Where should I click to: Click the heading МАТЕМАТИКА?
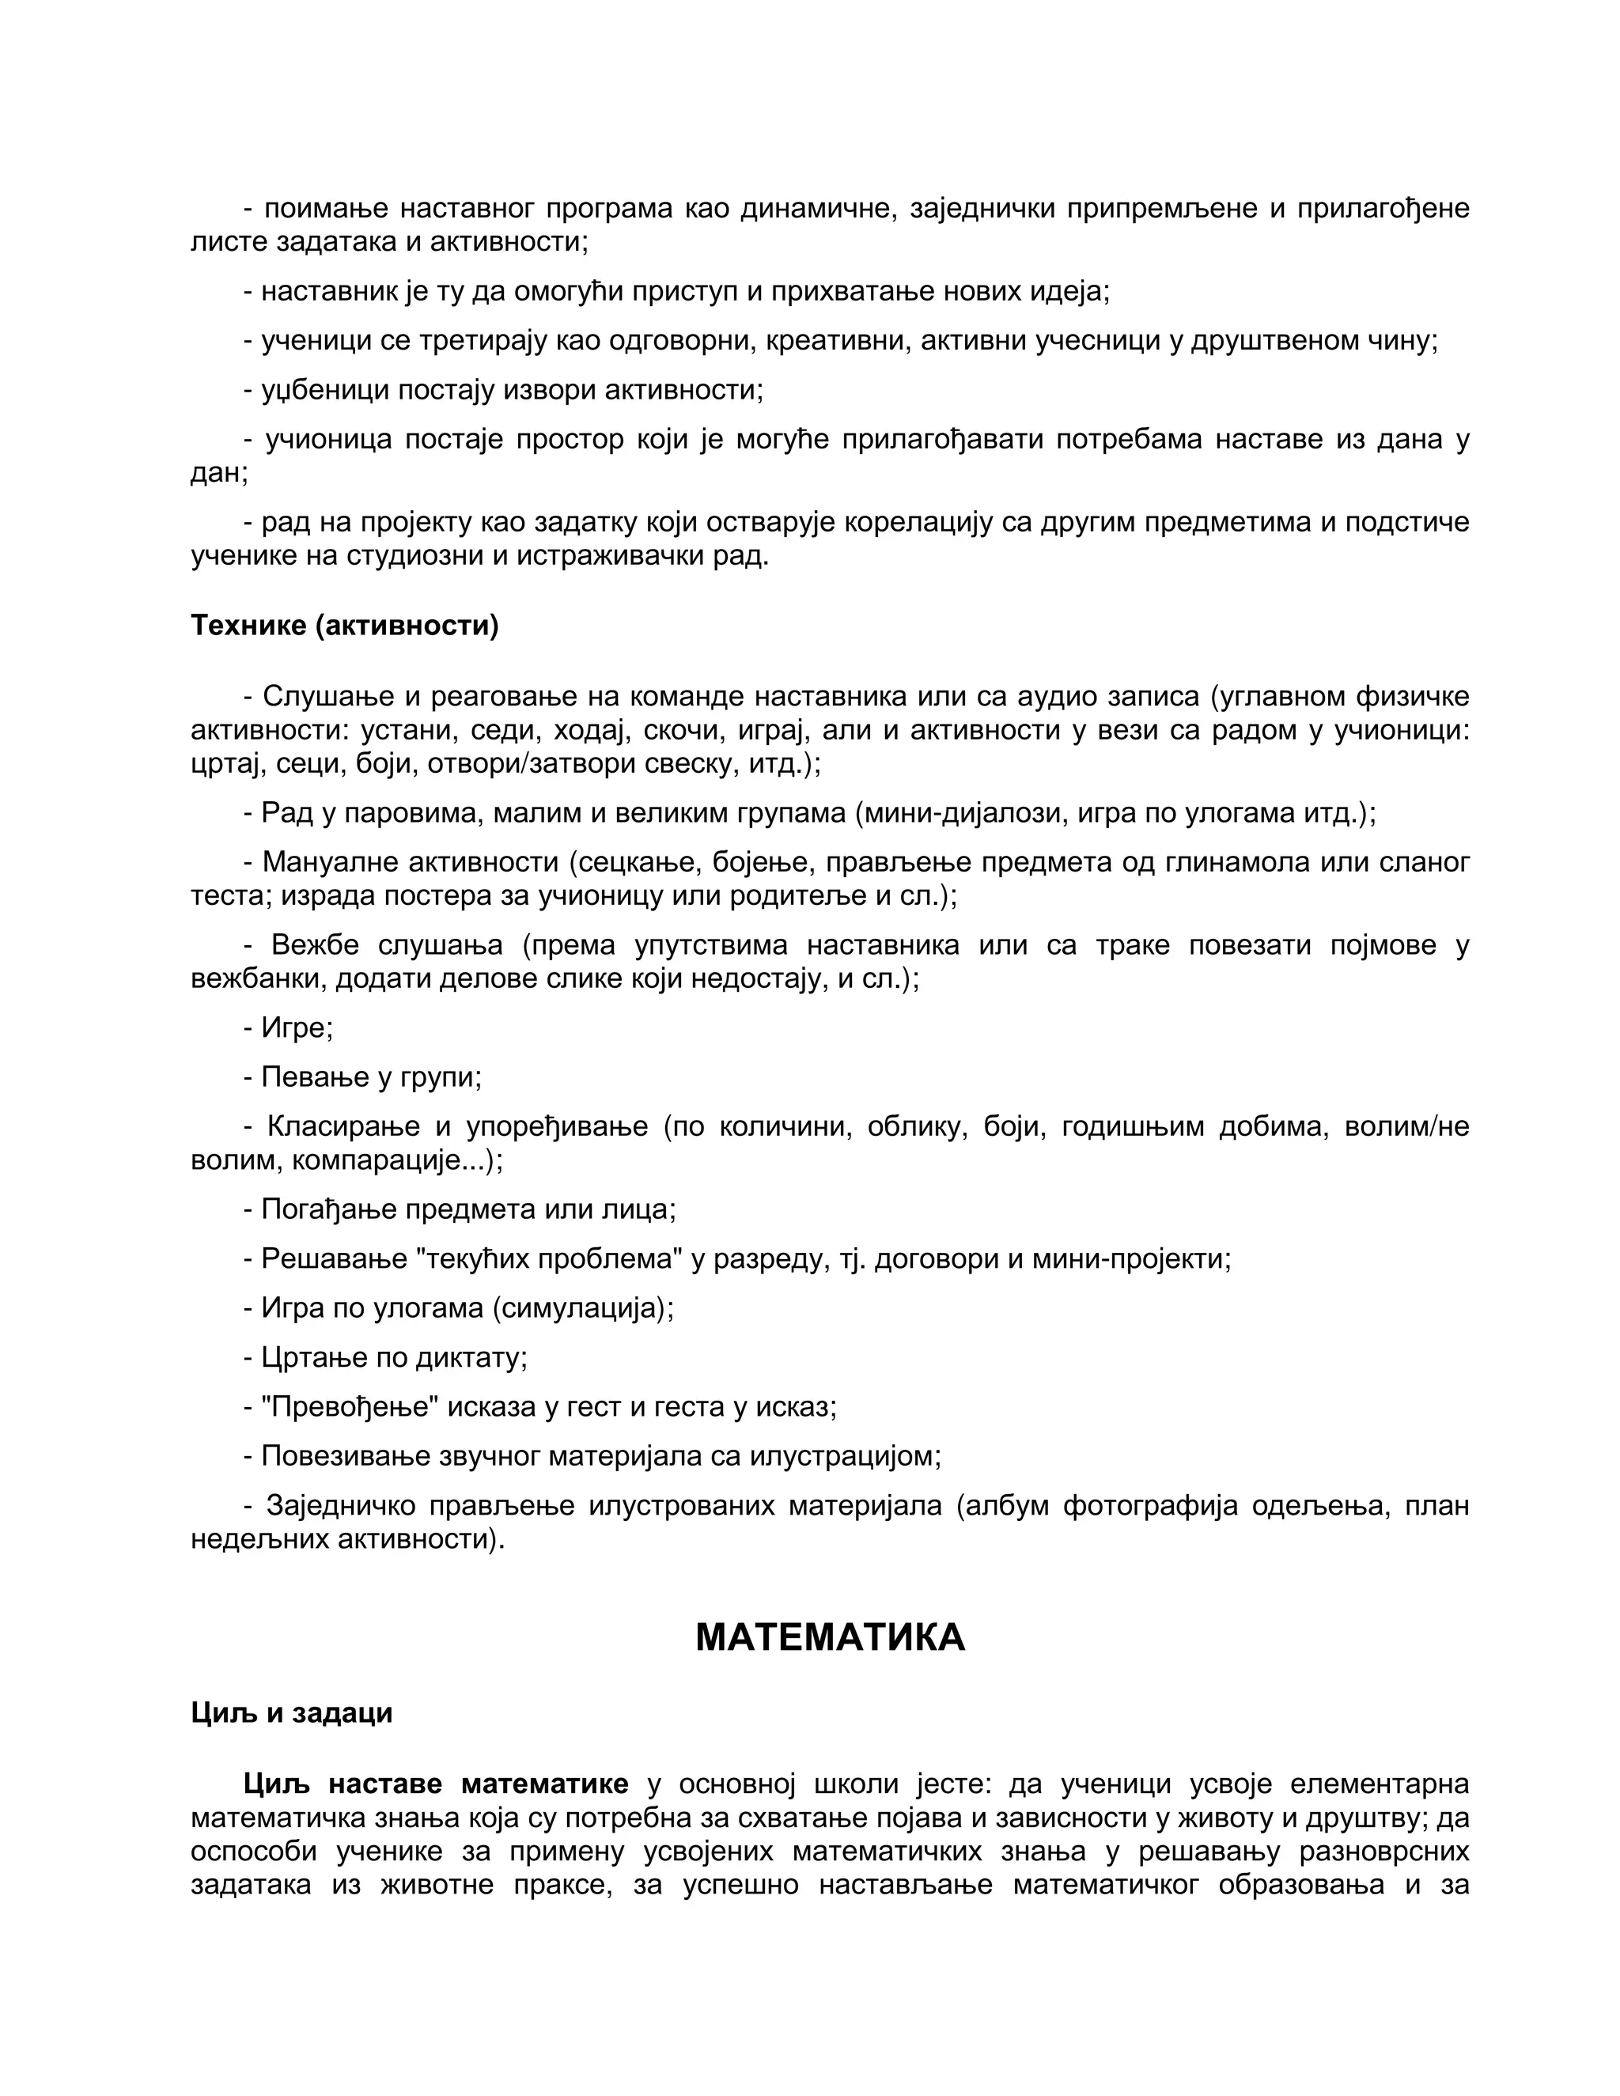pyautogui.click(x=829, y=1637)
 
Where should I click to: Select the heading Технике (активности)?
pyautogui.click(x=345, y=626)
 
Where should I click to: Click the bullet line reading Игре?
pyautogui.click(x=288, y=1028)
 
